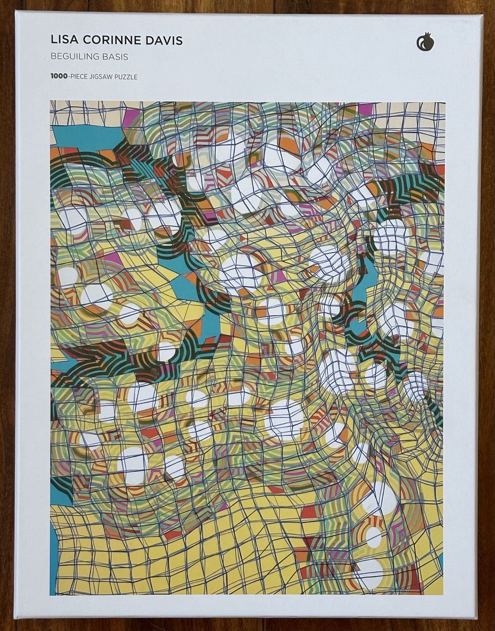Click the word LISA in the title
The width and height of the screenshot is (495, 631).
pyautogui.click(x=63, y=41)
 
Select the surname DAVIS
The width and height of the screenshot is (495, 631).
pyautogui.click(x=163, y=41)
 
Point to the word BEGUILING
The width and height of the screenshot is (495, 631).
pyautogui.click(x=74, y=57)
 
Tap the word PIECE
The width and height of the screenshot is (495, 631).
pyautogui.click(x=82, y=77)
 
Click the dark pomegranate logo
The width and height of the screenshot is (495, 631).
pyautogui.click(x=425, y=42)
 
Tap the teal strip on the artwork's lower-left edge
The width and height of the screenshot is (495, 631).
pyautogui.click(x=53, y=554)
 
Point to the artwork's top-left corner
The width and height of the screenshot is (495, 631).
pyautogui.click(x=50, y=101)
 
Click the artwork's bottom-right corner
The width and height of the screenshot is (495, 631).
pyautogui.click(x=444, y=594)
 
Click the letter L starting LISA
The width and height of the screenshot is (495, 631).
pyautogui.click(x=53, y=41)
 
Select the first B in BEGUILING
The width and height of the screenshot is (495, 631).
pyautogui.click(x=53, y=57)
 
